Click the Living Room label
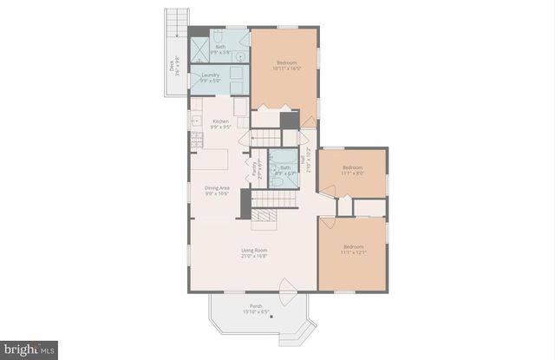tap(253, 252)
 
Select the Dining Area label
tap(217, 190)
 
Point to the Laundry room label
tap(210, 77)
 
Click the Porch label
tap(256, 307)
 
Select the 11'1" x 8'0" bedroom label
tap(351, 169)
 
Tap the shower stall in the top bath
tap(199, 49)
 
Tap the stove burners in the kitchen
tap(196, 123)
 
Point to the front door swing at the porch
tap(288, 286)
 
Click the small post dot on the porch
tap(271, 317)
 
